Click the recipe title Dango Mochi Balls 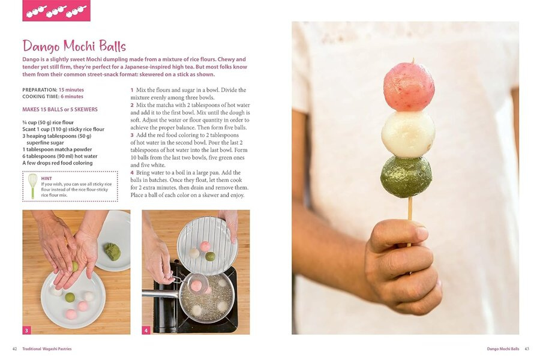pyautogui.click(x=74, y=46)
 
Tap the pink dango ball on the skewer pyautogui.click(x=409, y=86)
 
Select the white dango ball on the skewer pyautogui.click(x=408, y=134)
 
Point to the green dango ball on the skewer pyautogui.click(x=406, y=176)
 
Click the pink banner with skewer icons pyautogui.click(x=56, y=11)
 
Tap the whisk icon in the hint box pyautogui.click(x=33, y=186)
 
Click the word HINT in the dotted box pyautogui.click(x=46, y=178)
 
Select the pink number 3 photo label pyautogui.click(x=27, y=331)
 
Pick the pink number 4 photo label pyautogui.click(x=146, y=331)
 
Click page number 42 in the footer pyautogui.click(x=15, y=349)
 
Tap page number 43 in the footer pyautogui.click(x=527, y=349)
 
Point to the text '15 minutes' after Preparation pyautogui.click(x=71, y=90)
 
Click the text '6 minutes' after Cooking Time pyautogui.click(x=72, y=97)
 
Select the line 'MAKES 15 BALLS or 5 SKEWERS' pyautogui.click(x=60, y=110)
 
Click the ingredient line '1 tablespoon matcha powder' pyautogui.click(x=57, y=149)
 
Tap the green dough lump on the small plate pyautogui.click(x=113, y=251)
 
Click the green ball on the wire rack pyautogui.click(x=210, y=256)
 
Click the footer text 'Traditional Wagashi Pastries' pyautogui.click(x=47, y=349)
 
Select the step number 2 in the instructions pyautogui.click(x=132, y=105)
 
